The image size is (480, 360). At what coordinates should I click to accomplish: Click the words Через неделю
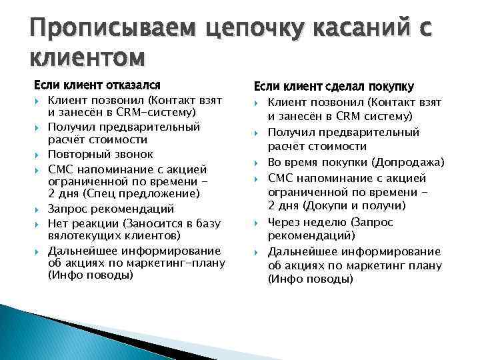(307, 222)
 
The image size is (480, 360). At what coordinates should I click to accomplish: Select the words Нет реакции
(81, 223)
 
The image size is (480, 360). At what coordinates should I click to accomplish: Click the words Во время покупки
(317, 163)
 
